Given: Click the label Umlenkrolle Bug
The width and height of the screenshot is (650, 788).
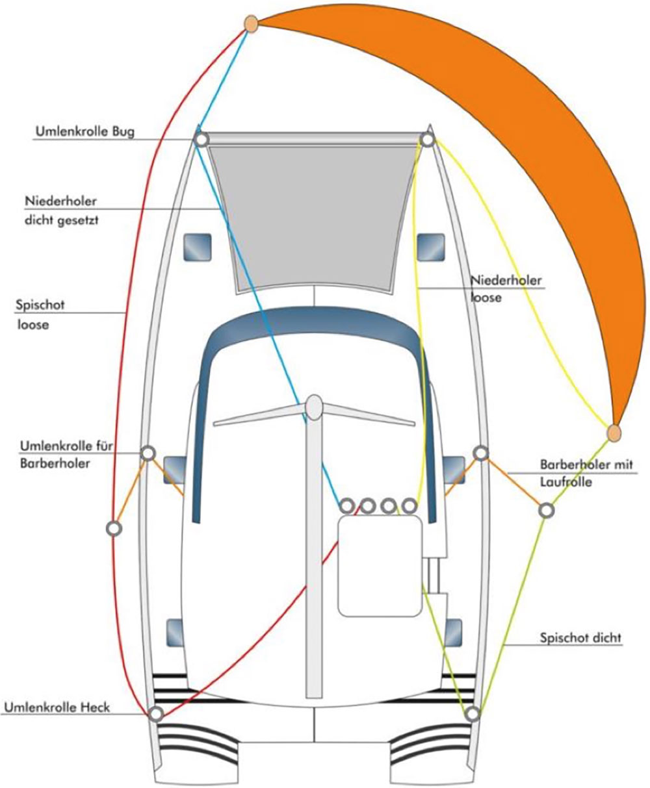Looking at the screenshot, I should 84,132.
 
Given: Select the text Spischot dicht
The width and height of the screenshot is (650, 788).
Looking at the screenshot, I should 580,638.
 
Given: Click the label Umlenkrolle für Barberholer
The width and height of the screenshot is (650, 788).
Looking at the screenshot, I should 59,455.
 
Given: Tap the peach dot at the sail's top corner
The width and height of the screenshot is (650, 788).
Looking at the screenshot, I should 251,24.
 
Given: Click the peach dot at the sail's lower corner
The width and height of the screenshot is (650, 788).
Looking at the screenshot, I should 614,432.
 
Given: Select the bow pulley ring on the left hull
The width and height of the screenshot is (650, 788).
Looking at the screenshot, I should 201,139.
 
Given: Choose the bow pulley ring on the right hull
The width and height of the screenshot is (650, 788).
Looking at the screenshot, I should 427,139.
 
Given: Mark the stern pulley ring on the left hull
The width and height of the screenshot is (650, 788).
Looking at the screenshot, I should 155,714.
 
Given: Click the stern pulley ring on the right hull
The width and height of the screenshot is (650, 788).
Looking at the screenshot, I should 473,714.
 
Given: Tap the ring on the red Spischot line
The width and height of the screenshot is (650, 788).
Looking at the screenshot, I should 114,528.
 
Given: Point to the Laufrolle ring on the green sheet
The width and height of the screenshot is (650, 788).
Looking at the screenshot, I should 547,510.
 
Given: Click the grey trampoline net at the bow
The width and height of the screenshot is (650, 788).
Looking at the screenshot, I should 312,214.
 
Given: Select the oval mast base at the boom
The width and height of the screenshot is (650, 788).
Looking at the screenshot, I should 314,407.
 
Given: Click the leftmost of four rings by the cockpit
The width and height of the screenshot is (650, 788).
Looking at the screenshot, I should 346,505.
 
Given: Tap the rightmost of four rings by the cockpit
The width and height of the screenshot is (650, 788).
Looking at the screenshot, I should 409,505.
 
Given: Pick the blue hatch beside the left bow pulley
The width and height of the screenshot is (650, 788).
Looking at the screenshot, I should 196,247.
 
